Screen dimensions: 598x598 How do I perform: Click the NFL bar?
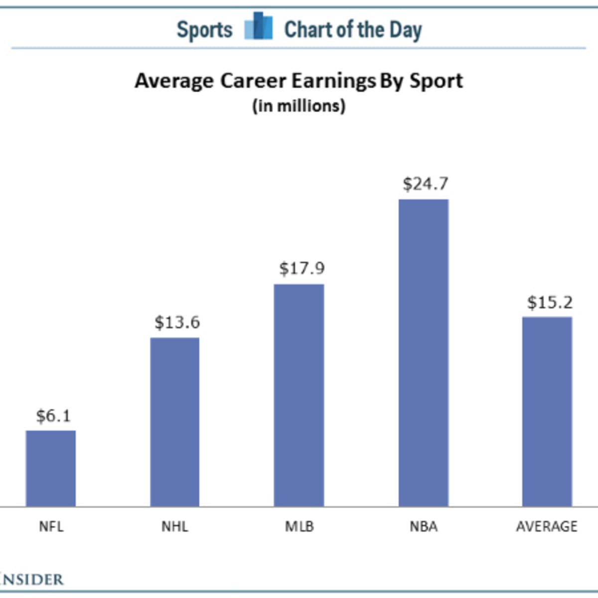[x=51, y=468]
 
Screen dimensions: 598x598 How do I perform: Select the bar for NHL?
[x=175, y=422]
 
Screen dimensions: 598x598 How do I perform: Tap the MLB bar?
[x=299, y=395]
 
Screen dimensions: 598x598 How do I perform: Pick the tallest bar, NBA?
[x=424, y=353]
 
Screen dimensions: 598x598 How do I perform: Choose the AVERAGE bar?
[x=547, y=412]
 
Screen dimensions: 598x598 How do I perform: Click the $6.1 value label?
[x=53, y=416]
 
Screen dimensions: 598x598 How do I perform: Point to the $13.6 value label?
[x=177, y=322]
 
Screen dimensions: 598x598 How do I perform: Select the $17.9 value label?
[x=301, y=269]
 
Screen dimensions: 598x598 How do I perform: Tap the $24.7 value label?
[x=426, y=184]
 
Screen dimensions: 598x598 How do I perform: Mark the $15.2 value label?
[x=550, y=302]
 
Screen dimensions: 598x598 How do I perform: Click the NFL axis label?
[x=51, y=526]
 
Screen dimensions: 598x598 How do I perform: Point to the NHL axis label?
[x=175, y=526]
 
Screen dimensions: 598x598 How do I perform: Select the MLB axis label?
[x=299, y=526]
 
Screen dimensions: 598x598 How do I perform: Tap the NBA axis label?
[x=424, y=526]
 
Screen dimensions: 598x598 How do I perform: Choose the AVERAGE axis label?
[x=547, y=526]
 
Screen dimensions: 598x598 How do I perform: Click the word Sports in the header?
[x=204, y=30]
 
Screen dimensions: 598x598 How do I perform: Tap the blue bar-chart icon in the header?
[x=259, y=26]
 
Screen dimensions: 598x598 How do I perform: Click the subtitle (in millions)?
[x=299, y=106]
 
